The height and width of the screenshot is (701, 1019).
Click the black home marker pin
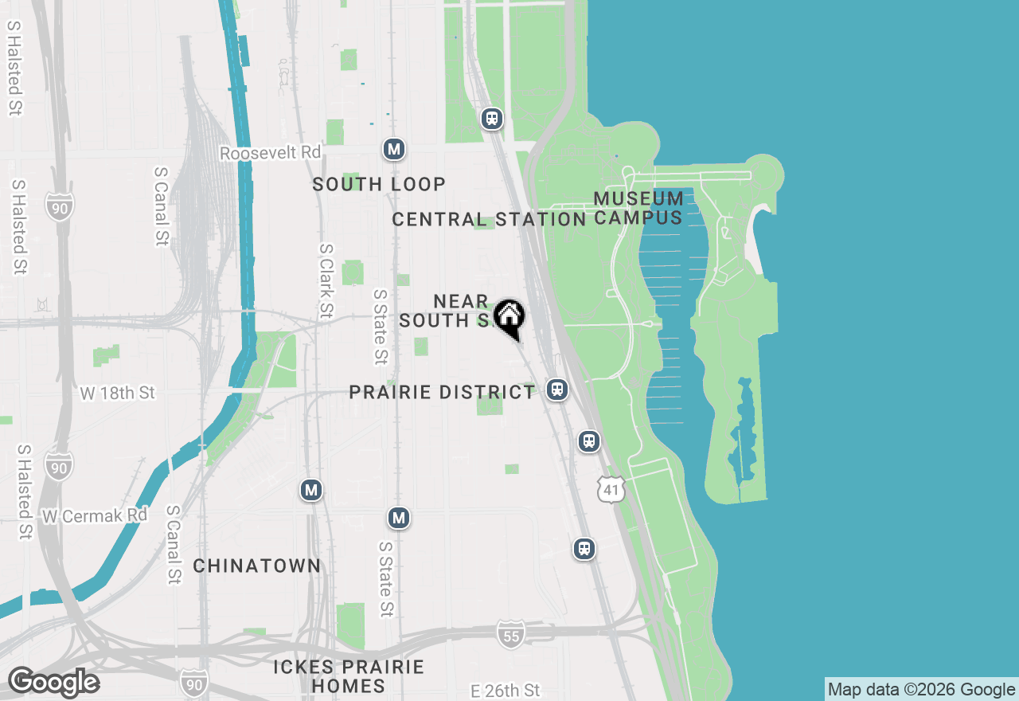[x=509, y=317]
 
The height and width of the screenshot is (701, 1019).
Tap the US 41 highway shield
[x=611, y=490]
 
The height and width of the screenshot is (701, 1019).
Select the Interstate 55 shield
[x=511, y=634]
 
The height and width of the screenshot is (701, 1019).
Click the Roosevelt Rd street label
[x=271, y=153]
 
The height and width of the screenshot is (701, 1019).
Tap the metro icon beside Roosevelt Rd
[x=393, y=149]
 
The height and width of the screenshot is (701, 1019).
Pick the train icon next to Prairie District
[x=557, y=390]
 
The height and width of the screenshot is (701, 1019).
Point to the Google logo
[x=53, y=683]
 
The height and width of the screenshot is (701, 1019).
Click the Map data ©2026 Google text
[x=921, y=690]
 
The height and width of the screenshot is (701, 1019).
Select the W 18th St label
[x=118, y=393]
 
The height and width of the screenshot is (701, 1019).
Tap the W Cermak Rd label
[x=95, y=516]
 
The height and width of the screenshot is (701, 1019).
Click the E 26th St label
[x=505, y=690]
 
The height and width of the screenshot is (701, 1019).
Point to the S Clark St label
[x=326, y=281]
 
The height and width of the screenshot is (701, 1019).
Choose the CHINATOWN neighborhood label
[x=257, y=566]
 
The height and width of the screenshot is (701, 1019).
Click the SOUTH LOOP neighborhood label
[x=379, y=185]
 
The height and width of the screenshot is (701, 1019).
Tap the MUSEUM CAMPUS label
[x=638, y=208]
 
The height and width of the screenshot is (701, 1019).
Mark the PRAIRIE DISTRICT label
[x=442, y=393]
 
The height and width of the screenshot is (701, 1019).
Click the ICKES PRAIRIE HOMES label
[x=349, y=676]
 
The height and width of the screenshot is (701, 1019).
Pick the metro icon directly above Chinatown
[x=311, y=490]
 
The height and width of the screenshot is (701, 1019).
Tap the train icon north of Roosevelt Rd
[x=493, y=119]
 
